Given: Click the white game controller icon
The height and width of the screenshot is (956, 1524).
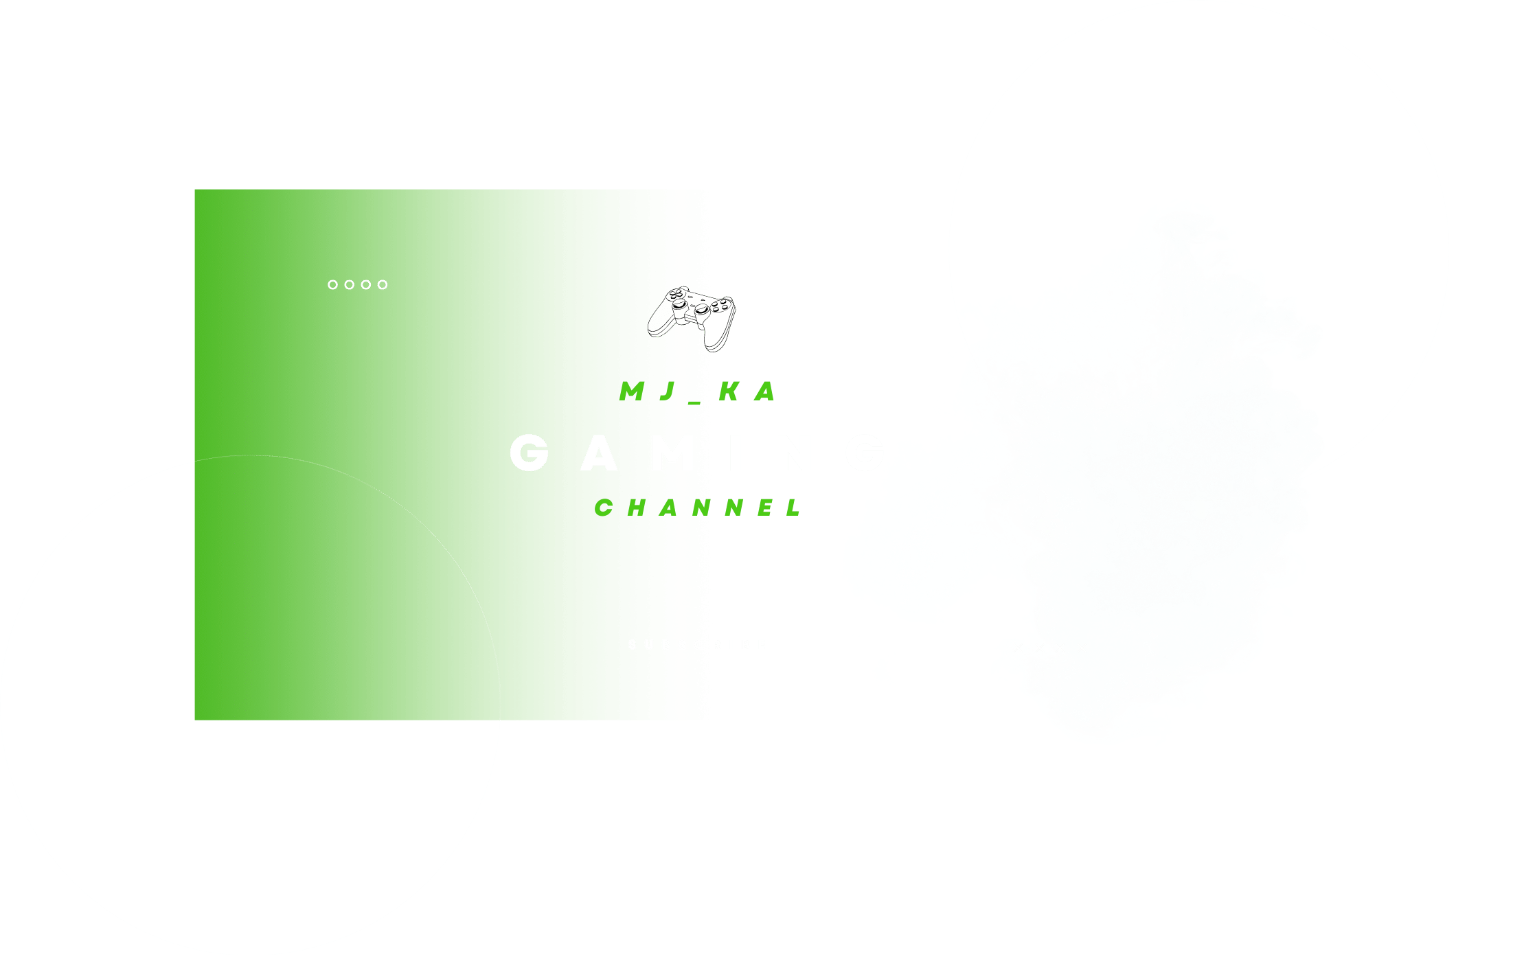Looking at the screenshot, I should click(x=692, y=318).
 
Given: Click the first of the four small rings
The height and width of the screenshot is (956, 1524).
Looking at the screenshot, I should click(x=332, y=284).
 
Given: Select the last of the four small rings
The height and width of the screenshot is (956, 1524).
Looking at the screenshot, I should click(x=383, y=284).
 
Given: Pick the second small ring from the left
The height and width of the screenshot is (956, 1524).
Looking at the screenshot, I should click(x=349, y=284).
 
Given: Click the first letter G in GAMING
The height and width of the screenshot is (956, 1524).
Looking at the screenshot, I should click(x=530, y=453).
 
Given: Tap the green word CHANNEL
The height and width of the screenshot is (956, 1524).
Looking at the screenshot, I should click(x=698, y=508).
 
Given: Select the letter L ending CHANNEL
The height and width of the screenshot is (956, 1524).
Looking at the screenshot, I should click(x=795, y=508).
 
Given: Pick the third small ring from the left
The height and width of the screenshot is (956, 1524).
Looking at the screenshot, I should click(x=366, y=284).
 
